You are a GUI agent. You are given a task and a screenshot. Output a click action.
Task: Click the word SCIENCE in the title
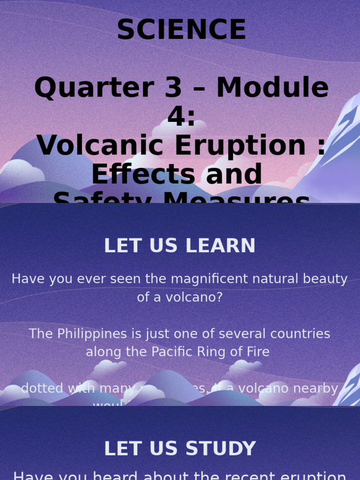click(181, 30)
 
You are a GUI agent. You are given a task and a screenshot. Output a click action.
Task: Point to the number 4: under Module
click(181, 117)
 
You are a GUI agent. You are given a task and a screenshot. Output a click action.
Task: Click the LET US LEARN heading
click(180, 246)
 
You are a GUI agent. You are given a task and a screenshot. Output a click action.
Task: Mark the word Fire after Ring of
click(260, 352)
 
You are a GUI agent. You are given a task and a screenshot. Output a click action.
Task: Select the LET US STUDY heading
click(180, 449)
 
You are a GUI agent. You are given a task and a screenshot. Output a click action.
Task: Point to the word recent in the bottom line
click(247, 475)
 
